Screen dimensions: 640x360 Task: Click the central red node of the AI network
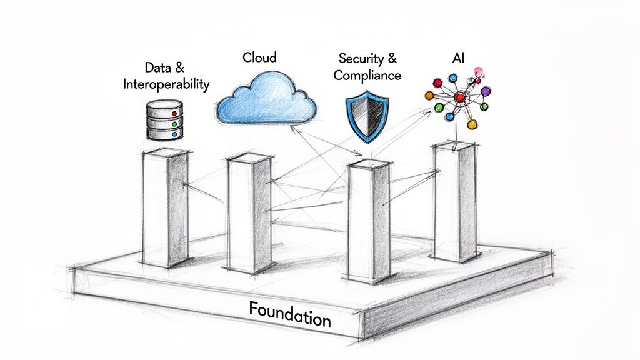459,97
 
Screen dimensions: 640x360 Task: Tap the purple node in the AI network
486,91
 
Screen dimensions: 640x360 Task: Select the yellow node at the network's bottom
472,124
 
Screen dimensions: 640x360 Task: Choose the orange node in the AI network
429,96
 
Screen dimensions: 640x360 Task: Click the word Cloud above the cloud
259,57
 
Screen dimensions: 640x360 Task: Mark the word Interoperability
166,84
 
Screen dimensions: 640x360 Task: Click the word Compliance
367,76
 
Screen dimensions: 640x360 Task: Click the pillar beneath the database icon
165,209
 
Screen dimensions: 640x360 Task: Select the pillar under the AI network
456,200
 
